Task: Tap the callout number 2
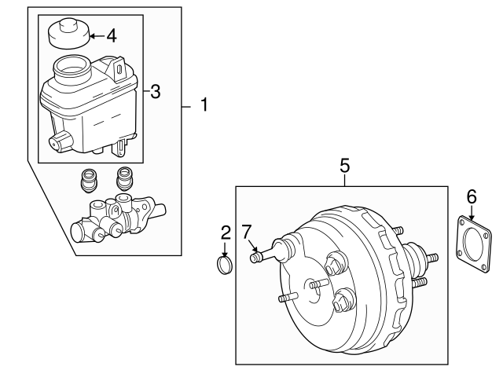226,232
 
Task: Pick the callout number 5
344,167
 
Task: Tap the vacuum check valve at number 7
267,253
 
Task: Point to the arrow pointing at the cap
95,35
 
